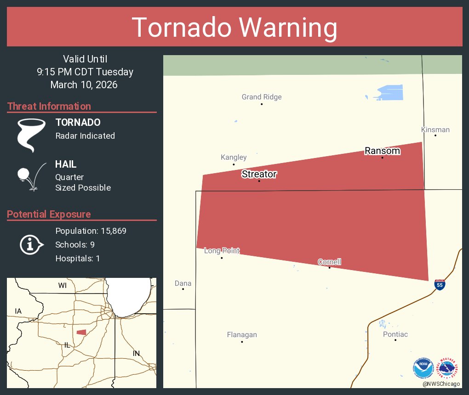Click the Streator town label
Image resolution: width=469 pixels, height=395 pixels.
pyautogui.click(x=259, y=174)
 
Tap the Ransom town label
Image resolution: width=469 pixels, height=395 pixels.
pyautogui.click(x=382, y=151)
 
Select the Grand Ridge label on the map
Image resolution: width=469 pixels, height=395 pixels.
pyautogui.click(x=262, y=97)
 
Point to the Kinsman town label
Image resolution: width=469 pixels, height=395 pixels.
pyautogui.click(x=435, y=130)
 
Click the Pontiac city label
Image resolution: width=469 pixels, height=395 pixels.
pyautogui.click(x=395, y=334)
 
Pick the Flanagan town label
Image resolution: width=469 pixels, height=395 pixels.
pyautogui.click(x=242, y=335)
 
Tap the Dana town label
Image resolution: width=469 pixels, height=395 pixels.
pyautogui.click(x=183, y=283)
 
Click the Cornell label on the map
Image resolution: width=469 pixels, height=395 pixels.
pyautogui.click(x=329, y=262)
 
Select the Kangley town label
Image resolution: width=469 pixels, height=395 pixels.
pyautogui.click(x=234, y=157)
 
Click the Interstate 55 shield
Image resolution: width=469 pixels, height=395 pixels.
pyautogui.click(x=440, y=284)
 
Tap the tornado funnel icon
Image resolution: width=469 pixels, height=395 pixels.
pyautogui.click(x=31, y=135)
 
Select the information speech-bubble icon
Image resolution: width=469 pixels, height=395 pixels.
pyautogui.click(x=31, y=245)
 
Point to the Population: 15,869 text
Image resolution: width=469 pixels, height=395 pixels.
pyautogui.click(x=91, y=231)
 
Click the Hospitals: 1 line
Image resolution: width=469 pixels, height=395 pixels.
pyautogui.click(x=77, y=258)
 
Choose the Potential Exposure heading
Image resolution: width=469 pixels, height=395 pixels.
pyautogui.click(x=49, y=214)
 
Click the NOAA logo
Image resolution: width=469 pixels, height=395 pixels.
pyautogui.click(x=423, y=368)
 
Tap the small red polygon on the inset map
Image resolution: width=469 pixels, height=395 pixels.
pyautogui.click(x=81, y=332)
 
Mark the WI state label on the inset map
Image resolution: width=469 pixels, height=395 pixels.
pyautogui.click(x=63, y=285)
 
